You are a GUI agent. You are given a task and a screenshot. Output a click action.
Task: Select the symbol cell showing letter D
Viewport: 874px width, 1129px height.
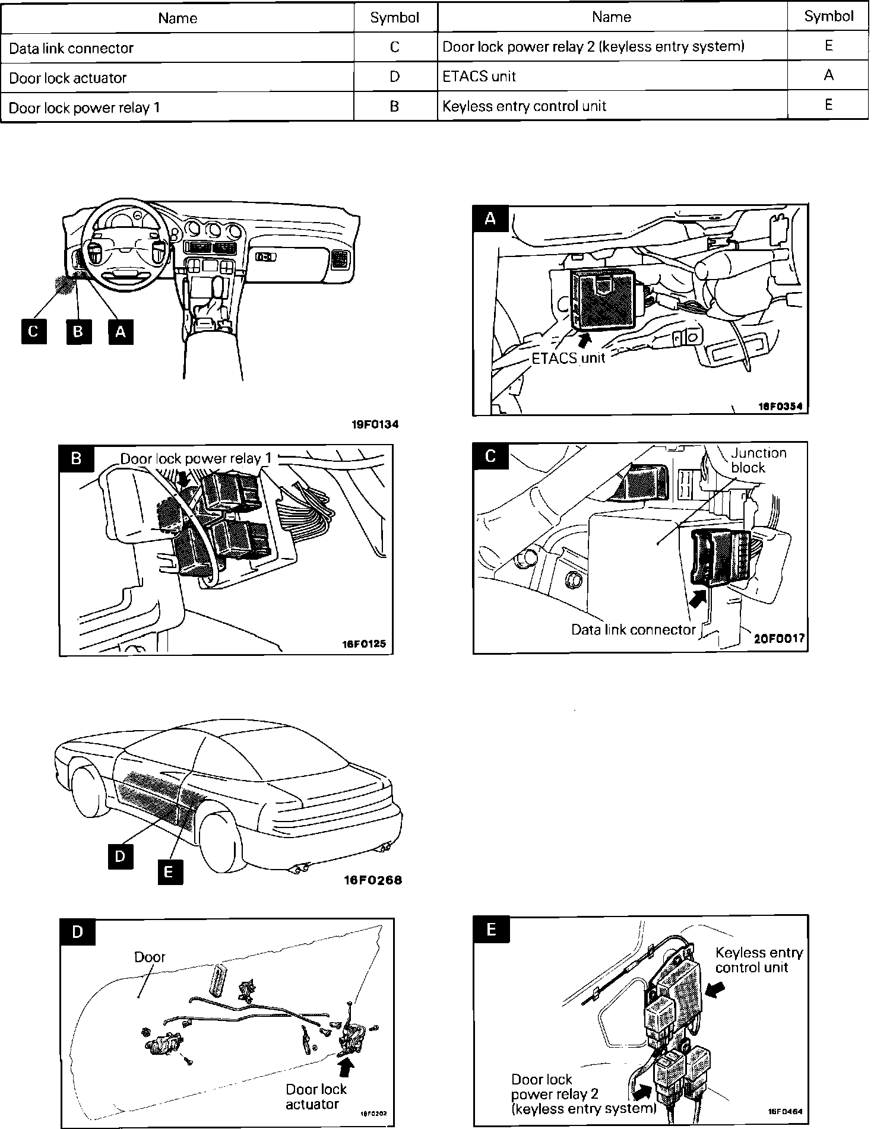coord(394,77)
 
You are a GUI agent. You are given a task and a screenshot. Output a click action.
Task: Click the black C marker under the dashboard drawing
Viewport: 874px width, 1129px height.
coord(33,331)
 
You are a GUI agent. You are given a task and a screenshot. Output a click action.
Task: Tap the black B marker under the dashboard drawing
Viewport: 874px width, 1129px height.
coord(78,331)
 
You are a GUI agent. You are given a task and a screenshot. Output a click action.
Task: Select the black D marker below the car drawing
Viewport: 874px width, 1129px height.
coord(121,857)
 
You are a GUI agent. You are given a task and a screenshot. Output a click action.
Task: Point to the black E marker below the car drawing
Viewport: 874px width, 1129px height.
coord(169,871)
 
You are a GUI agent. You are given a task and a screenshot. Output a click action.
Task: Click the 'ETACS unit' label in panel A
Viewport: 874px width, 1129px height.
coord(568,358)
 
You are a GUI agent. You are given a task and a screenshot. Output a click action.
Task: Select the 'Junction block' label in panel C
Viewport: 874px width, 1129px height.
coord(758,460)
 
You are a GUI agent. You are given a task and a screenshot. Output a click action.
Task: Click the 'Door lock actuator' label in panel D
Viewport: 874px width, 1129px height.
coord(315,1096)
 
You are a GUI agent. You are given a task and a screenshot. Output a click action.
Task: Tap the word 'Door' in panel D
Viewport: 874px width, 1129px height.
coord(150,957)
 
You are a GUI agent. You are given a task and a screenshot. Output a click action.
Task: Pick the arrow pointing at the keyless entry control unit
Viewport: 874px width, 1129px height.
coord(717,988)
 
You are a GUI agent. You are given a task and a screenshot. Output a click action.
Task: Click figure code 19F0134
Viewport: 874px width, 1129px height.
coord(375,424)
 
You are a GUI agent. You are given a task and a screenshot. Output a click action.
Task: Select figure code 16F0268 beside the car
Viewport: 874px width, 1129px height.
coord(372,880)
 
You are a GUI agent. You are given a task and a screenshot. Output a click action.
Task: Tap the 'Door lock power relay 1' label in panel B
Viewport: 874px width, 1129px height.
coord(196,458)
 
